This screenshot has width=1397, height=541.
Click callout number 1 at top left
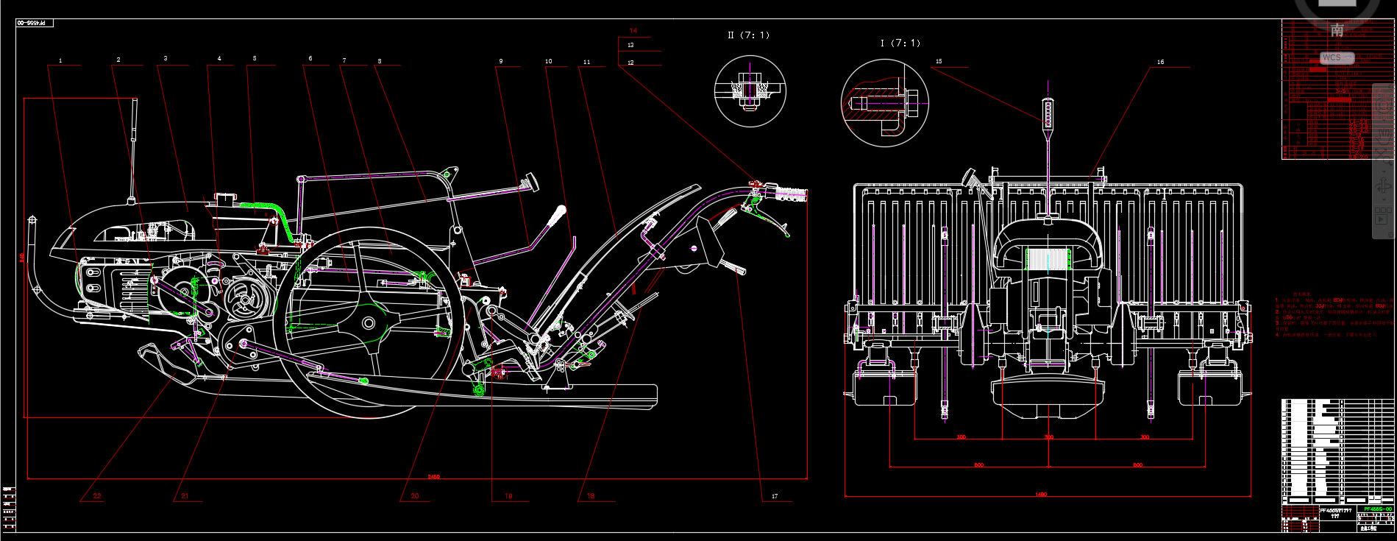(60, 60)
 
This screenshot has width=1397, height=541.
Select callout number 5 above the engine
(255, 58)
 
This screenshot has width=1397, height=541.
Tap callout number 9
(501, 61)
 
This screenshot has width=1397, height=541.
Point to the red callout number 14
(633, 31)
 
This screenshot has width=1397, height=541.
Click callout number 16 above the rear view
(1160, 62)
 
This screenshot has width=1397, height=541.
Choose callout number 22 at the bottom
(97, 496)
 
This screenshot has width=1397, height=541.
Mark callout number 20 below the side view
(415, 496)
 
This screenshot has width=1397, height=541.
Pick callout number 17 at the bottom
(775, 496)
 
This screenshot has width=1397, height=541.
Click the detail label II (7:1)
(748, 35)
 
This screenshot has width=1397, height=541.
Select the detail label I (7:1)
(900, 43)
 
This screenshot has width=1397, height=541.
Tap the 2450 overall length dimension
(433, 477)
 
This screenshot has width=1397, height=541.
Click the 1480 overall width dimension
(1041, 495)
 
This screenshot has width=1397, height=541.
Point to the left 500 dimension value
(978, 465)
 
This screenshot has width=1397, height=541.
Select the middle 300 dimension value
(1048, 437)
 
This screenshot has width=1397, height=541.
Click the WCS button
(1332, 57)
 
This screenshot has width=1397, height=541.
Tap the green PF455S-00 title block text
(1378, 509)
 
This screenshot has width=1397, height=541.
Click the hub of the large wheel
(368, 323)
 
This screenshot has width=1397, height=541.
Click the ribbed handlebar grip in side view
(789, 194)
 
